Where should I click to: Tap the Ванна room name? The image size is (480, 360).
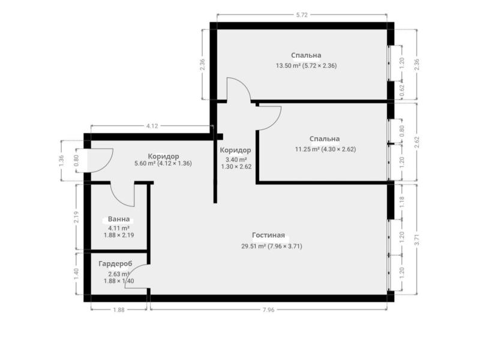(x=119, y=220)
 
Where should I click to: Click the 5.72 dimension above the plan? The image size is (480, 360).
(x=302, y=14)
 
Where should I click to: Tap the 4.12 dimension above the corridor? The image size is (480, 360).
(x=152, y=125)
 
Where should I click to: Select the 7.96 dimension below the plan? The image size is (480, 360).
(x=268, y=310)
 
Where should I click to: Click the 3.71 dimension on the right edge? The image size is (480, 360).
(x=417, y=240)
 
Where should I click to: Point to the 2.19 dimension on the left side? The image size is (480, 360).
(x=76, y=217)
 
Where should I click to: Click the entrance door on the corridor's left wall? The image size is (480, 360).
(x=100, y=159)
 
